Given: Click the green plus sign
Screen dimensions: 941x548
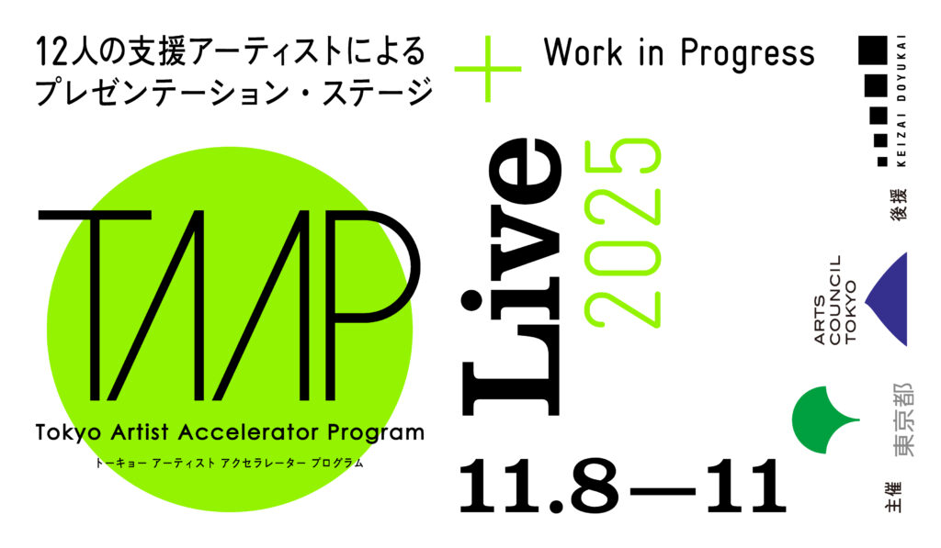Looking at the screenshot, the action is pyautogui.click(x=487, y=69).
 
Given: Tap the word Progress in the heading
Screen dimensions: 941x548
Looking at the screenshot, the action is pyautogui.click(x=748, y=54).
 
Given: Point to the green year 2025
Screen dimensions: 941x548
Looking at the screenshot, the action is pyautogui.click(x=622, y=232).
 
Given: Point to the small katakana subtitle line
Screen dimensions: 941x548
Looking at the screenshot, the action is pyautogui.click(x=229, y=463).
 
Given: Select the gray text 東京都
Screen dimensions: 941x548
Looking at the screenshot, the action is pyautogui.click(x=902, y=419).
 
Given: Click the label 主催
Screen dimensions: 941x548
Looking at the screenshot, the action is pyautogui.click(x=893, y=497).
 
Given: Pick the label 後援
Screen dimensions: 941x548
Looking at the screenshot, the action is pyautogui.click(x=899, y=205).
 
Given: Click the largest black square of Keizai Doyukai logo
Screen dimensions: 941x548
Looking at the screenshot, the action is pyautogui.click(x=873, y=50).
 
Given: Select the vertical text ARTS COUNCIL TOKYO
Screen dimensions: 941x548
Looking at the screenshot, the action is pyautogui.click(x=835, y=300).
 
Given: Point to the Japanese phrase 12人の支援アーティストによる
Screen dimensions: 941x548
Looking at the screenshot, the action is pyautogui.click(x=231, y=51).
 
